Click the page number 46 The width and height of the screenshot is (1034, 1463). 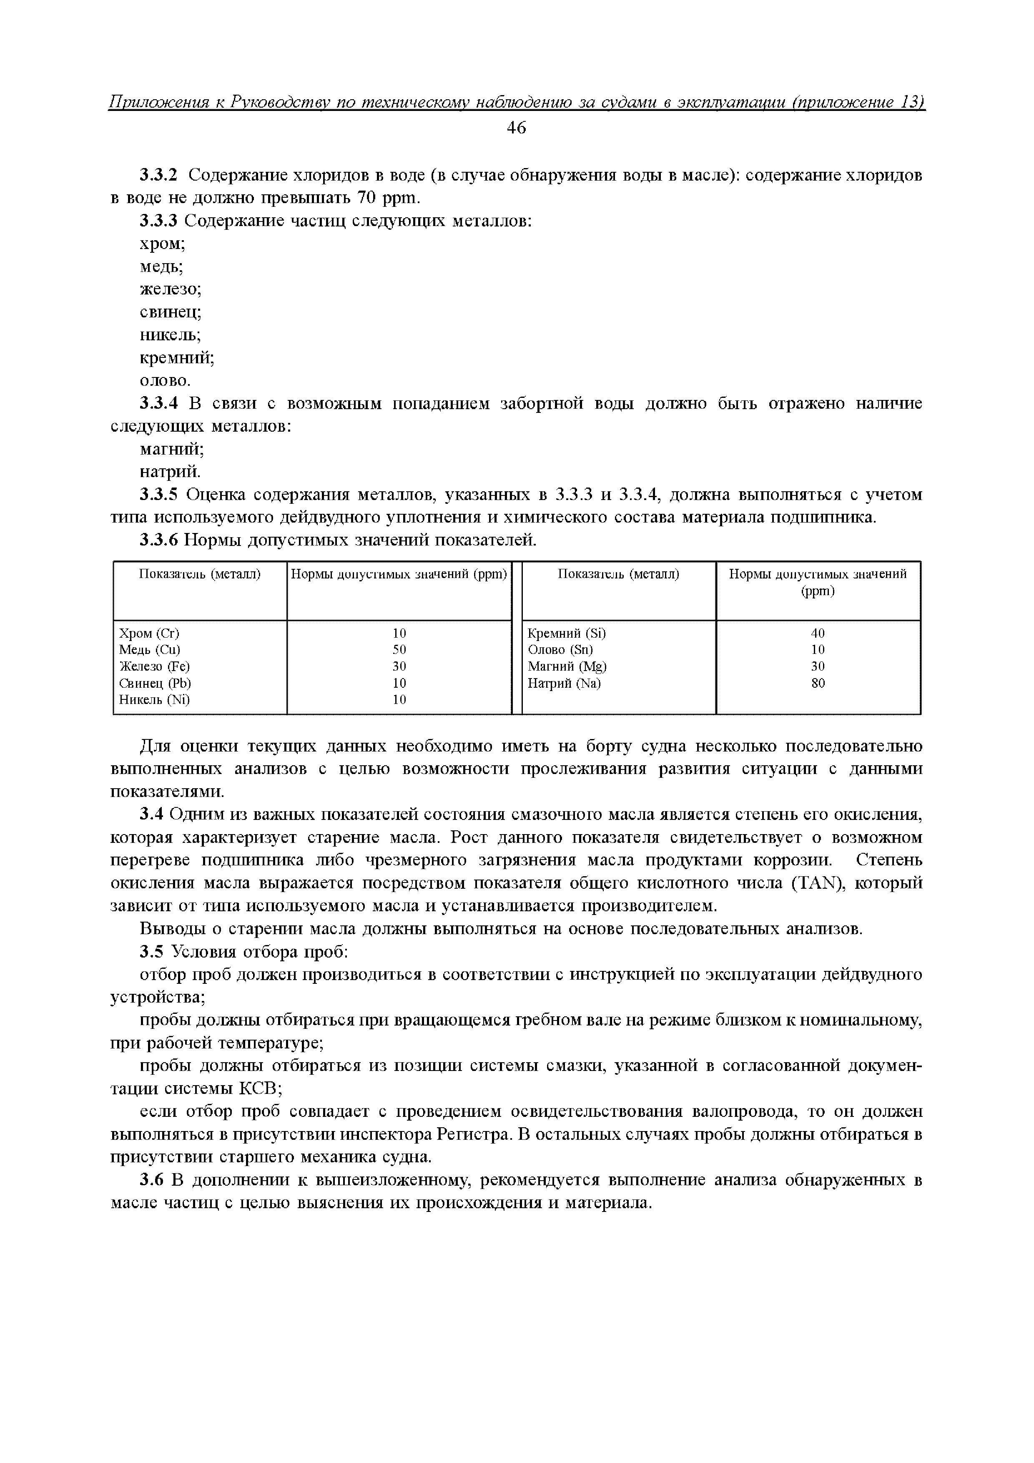coord(516,128)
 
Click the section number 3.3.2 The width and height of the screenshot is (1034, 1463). coord(159,175)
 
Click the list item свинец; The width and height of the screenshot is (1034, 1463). coord(170,312)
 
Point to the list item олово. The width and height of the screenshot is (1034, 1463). coord(164,381)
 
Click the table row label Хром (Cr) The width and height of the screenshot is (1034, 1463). coord(149,633)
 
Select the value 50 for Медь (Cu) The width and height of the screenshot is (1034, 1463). coord(399,650)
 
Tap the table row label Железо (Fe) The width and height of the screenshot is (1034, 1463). coord(155,666)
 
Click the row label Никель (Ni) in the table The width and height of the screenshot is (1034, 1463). coord(155,700)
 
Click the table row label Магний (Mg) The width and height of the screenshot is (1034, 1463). coord(567,666)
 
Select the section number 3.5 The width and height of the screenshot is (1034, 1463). coord(152,952)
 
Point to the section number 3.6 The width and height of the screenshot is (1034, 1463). coord(152,1180)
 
